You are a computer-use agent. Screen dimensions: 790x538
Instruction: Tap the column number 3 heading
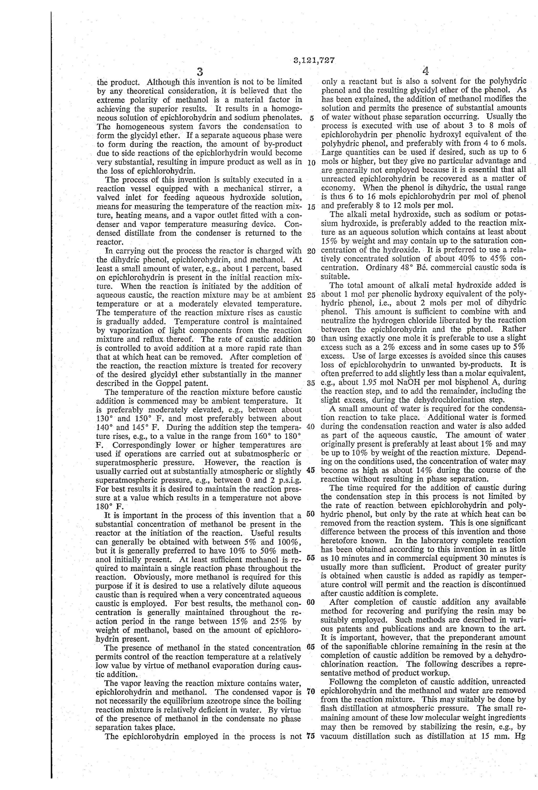200,72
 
